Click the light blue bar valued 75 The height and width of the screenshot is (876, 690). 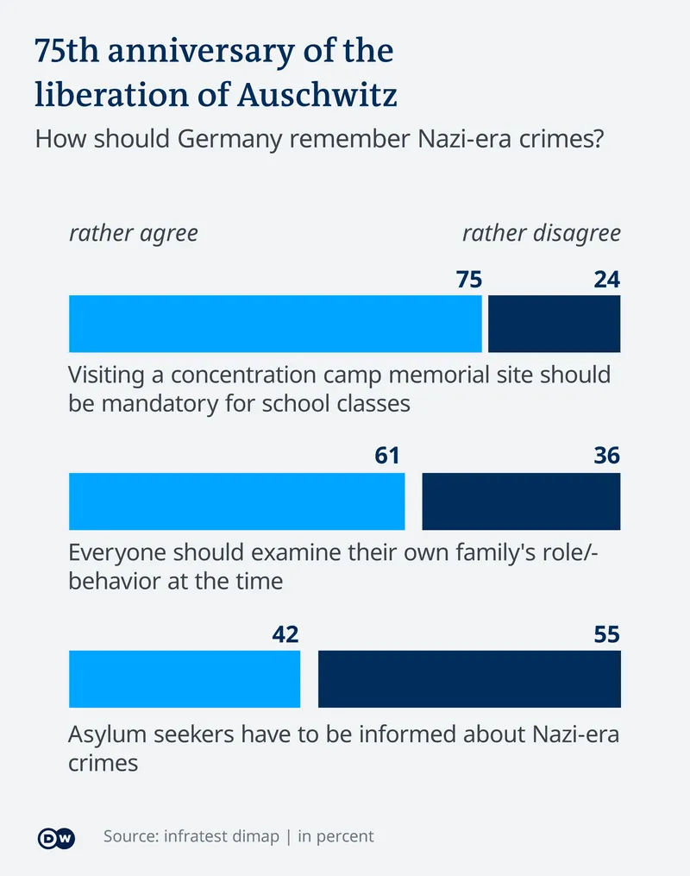pos(275,324)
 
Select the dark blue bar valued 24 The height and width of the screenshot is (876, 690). pos(554,324)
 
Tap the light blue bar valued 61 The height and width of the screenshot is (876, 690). pos(236,501)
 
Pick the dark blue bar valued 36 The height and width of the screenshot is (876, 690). pos(521,501)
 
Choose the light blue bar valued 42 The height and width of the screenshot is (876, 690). pos(184,679)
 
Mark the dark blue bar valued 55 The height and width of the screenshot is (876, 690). pos(469,679)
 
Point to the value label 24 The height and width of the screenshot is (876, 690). pos(606,280)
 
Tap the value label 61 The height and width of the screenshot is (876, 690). pos(387,456)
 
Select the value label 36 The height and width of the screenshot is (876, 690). pos(606,456)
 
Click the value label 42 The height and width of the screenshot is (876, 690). pos(285,635)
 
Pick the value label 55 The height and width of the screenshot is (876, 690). pos(606,635)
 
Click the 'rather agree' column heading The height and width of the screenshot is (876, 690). pos(134,234)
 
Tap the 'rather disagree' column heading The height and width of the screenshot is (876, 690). pos(541,234)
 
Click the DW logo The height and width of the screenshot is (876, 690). pos(57,837)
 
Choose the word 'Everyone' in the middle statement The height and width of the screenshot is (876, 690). pos(118,552)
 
